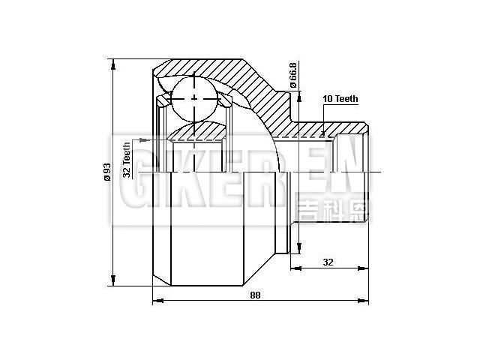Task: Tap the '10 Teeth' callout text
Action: [340, 99]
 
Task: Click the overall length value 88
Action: [255, 295]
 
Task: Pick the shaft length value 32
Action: [328, 262]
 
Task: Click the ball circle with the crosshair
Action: [194, 98]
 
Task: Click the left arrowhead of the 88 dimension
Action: [156, 301]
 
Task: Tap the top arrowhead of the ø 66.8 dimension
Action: [299, 94]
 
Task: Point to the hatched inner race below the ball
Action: [196, 134]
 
